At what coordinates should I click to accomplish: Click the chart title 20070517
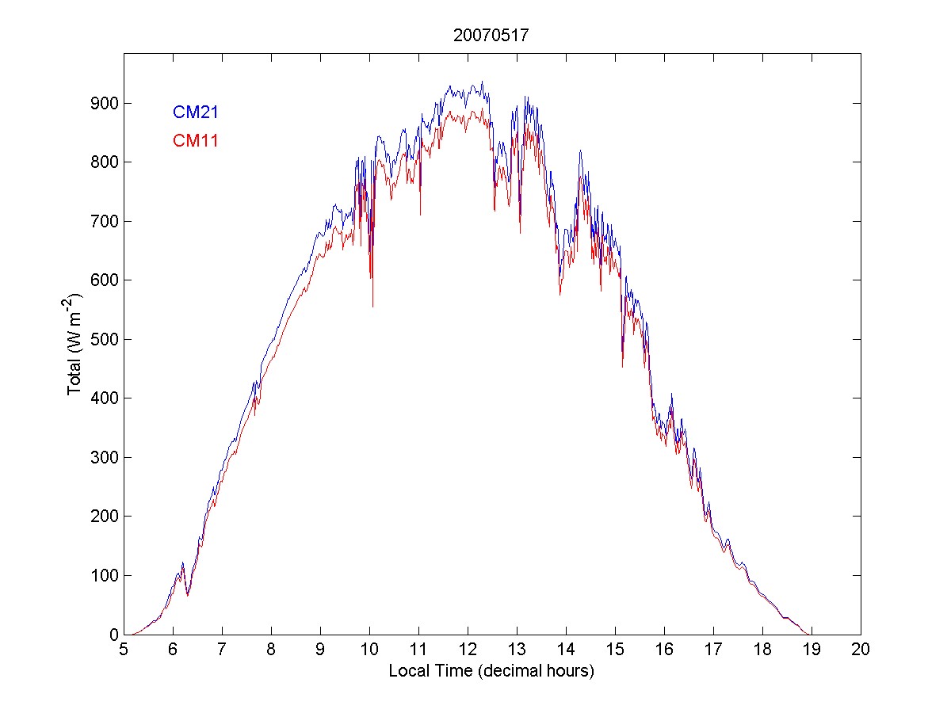[x=491, y=36]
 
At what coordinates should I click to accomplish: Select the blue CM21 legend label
[x=196, y=112]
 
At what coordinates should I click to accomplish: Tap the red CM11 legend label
[x=196, y=141]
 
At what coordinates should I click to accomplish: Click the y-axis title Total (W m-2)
[x=76, y=344]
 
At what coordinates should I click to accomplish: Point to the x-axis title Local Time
[x=491, y=671]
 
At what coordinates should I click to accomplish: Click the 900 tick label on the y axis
[x=102, y=104]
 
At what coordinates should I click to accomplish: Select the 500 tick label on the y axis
[x=102, y=340]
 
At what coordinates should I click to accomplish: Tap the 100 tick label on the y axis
[x=102, y=576]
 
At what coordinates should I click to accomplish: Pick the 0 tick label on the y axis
[x=112, y=635]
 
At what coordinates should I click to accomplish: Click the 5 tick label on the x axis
[x=124, y=650]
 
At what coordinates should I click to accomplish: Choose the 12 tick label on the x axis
[x=468, y=650]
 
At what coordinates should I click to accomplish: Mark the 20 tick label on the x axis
[x=861, y=650]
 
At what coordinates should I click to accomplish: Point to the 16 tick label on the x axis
[x=664, y=650]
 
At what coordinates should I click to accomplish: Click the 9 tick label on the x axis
[x=320, y=650]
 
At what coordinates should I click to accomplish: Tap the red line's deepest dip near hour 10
[x=372, y=306]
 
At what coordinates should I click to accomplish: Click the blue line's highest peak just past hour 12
[x=482, y=82]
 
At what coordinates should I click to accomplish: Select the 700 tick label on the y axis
[x=102, y=222]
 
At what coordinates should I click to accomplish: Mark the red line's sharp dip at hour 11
[x=421, y=214]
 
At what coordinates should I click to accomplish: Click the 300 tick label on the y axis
[x=102, y=458]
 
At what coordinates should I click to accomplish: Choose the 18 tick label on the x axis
[x=762, y=650]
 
